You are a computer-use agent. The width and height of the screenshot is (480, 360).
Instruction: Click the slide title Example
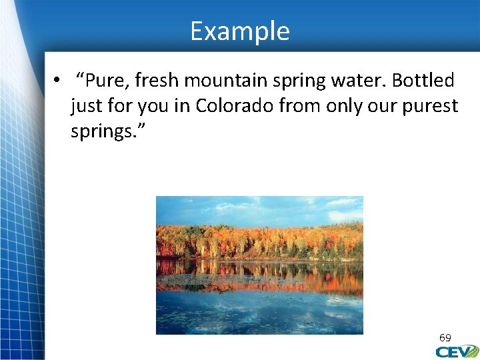tap(240, 31)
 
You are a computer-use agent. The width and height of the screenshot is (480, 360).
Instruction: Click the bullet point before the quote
tap(58, 81)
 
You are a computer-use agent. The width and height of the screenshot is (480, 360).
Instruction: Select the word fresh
tap(157, 81)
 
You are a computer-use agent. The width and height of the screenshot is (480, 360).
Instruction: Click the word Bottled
tap(423, 81)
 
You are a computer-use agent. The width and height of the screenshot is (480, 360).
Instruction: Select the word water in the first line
tap(361, 81)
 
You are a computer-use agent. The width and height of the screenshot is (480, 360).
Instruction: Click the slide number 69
tap(445, 338)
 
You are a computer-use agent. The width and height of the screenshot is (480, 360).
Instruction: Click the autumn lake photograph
tap(259, 265)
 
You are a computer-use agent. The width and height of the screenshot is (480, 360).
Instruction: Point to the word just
tap(86, 105)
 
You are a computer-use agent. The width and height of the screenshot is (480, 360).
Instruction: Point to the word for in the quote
tap(121, 105)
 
